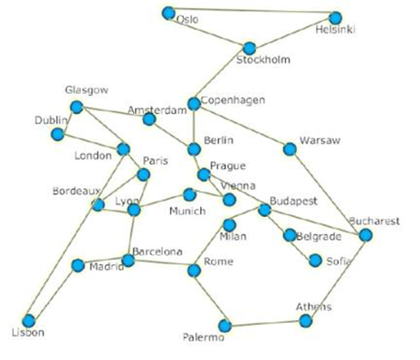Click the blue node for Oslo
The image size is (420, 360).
[168, 13]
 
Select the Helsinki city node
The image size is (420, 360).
[336, 17]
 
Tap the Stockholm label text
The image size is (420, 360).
[262, 61]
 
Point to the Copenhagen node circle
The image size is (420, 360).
[194, 104]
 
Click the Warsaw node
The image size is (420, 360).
[290, 149]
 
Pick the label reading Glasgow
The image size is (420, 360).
[87, 90]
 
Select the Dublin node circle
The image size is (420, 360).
[58, 135]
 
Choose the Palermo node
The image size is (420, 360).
[224, 326]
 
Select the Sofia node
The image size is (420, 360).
[315, 261]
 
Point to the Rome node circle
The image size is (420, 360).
[194, 270]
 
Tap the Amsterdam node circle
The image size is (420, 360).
[150, 118]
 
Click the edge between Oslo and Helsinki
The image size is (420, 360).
[252, 15]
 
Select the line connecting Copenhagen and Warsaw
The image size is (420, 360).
[242, 127]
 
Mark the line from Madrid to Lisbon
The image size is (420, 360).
[52, 293]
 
